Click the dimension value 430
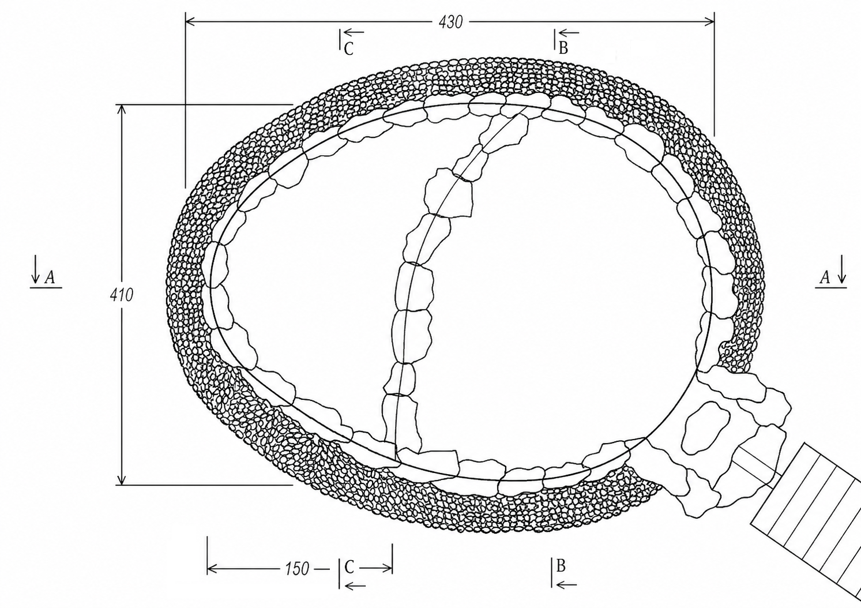[450, 22]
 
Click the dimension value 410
[122, 295]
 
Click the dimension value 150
[297, 569]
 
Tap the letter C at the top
[349, 49]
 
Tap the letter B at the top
[563, 48]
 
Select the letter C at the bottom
[349, 567]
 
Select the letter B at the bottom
[561, 566]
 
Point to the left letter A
[50, 277]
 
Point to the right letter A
[824, 277]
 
